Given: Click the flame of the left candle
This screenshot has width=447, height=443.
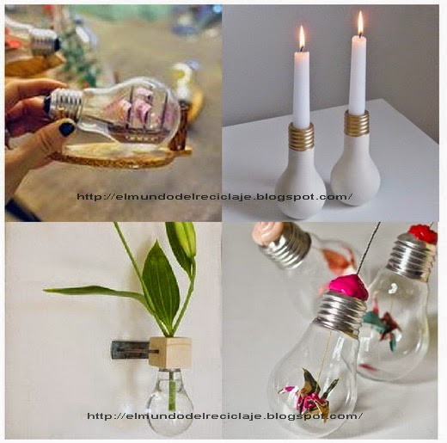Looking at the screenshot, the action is point(302,38).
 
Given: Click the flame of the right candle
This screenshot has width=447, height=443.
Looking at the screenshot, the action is point(360,24).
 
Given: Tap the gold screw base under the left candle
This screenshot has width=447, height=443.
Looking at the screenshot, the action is point(301,137).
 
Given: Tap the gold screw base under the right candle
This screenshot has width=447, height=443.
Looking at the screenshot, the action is point(357,123).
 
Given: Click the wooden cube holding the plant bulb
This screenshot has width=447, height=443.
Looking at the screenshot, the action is point(170,352).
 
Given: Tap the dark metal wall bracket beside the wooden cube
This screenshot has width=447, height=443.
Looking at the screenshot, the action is point(132,350).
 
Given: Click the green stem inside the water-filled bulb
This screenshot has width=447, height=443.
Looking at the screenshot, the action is point(172,390).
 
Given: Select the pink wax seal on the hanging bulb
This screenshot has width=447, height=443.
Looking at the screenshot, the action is point(347,286).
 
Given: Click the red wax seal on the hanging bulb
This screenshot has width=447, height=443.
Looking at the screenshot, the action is point(423,234).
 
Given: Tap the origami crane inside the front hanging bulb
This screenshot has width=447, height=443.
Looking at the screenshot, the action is point(308,387).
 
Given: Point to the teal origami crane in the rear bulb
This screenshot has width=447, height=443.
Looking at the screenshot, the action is point(382,325).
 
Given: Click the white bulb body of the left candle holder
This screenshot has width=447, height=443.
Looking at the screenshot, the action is point(301,183).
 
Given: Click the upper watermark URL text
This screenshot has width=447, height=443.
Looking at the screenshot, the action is point(215,197).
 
